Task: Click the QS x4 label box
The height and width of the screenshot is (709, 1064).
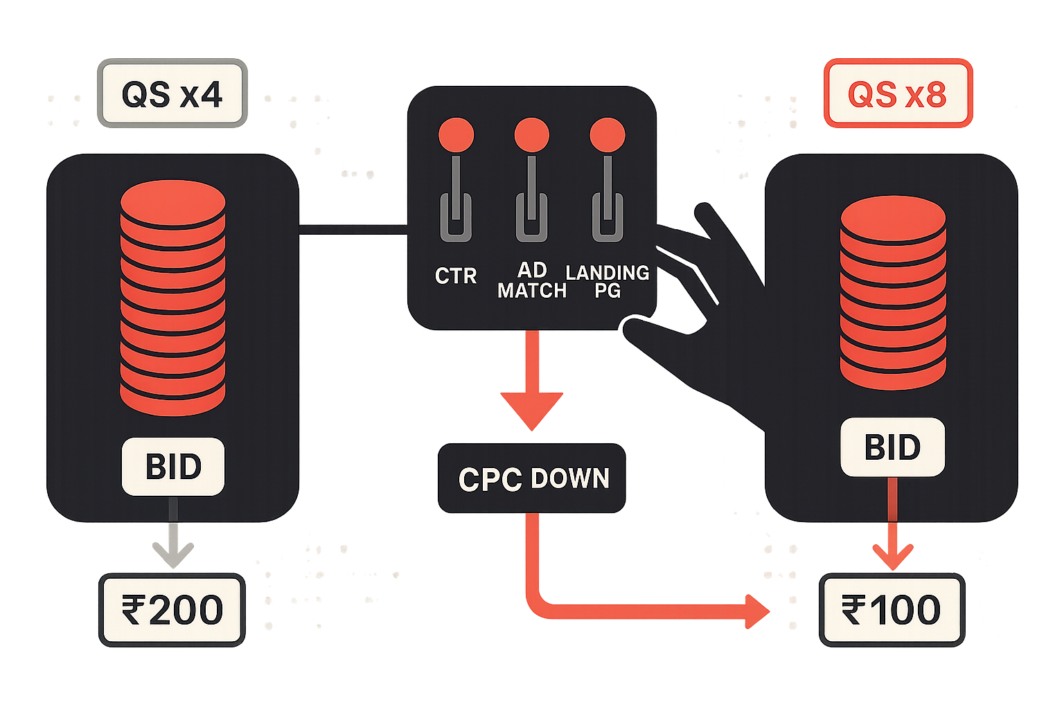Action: click(x=172, y=93)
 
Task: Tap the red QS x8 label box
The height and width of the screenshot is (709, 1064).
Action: click(x=898, y=93)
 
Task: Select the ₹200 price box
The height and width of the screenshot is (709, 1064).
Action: click(x=172, y=610)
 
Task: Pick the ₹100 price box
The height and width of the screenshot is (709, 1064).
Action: click(x=892, y=610)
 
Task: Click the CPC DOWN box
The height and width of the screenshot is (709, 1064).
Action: click(x=531, y=478)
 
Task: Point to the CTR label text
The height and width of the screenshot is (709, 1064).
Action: click(x=456, y=276)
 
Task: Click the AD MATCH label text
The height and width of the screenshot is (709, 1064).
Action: click(x=532, y=280)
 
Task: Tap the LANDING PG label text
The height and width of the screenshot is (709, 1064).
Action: click(x=608, y=281)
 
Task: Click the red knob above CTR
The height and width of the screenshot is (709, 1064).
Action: click(x=456, y=135)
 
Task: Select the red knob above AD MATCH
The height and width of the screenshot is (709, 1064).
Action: click(x=532, y=135)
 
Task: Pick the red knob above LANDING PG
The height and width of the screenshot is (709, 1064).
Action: click(x=608, y=135)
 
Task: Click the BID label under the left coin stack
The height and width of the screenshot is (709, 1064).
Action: click(x=173, y=467)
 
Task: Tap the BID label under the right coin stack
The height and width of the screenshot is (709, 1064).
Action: click(x=892, y=447)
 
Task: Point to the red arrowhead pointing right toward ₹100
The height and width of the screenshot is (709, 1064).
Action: click(x=757, y=611)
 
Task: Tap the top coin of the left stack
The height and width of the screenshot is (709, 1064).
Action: click(x=173, y=202)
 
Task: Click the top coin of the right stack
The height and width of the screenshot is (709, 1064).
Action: click(x=893, y=218)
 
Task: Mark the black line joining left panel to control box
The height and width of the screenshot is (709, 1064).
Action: click(x=353, y=230)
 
